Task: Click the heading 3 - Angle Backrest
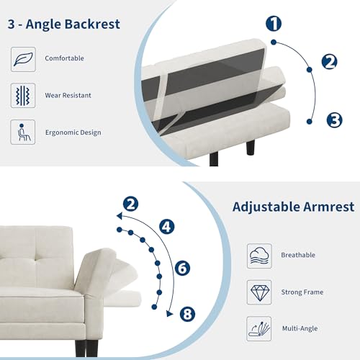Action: pos(64,23)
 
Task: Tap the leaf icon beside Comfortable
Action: pos(23,58)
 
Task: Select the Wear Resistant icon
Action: pos(23,95)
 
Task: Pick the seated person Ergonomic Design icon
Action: pos(23,132)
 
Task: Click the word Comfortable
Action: pos(63,58)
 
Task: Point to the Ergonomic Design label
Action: pos(73,132)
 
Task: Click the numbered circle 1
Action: pos(274,24)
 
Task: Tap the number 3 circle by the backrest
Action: pos(334,120)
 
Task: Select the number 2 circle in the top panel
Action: pos(330,61)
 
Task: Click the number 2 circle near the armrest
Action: pos(130,204)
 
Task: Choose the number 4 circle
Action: pos(167,227)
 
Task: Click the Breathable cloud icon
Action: pos(259,256)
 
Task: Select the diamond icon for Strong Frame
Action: pos(259,292)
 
